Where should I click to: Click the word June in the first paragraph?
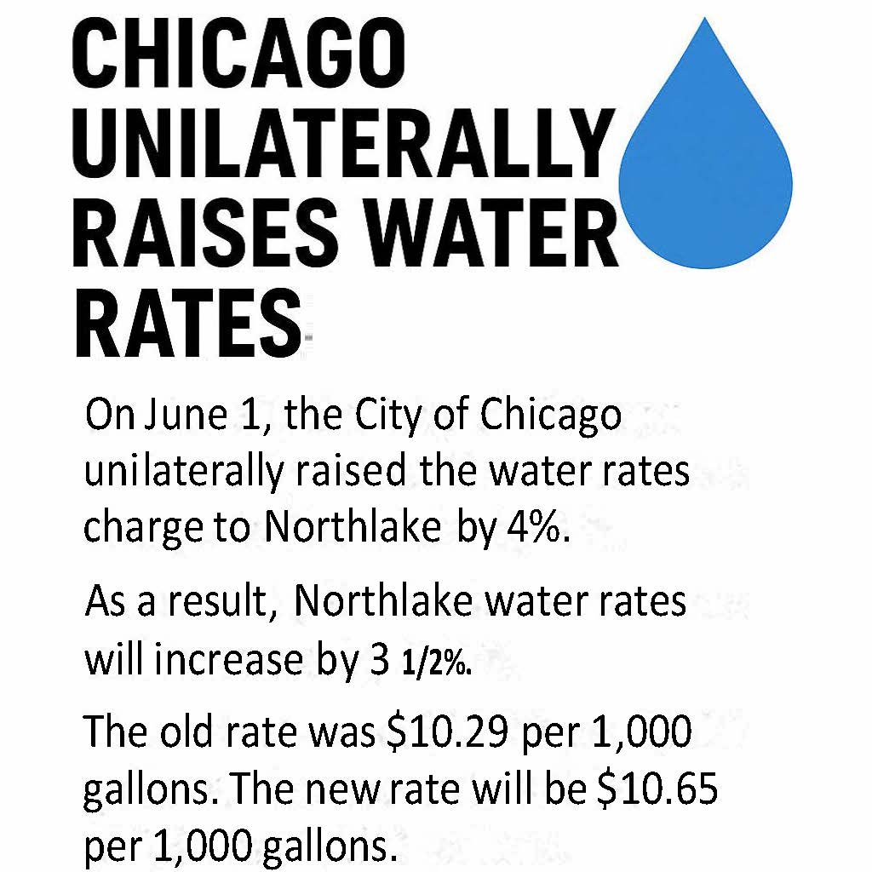coord(181,418)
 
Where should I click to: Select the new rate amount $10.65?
coord(655,791)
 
